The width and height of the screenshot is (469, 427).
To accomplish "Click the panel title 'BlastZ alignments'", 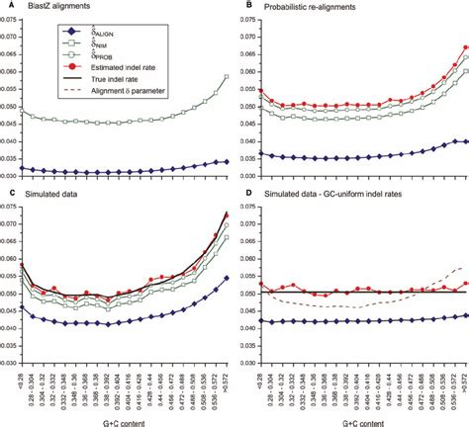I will click(x=51, y=7).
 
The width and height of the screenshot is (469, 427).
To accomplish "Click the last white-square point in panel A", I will click(x=227, y=77).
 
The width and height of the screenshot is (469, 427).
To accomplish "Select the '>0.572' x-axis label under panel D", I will click(x=463, y=381).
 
